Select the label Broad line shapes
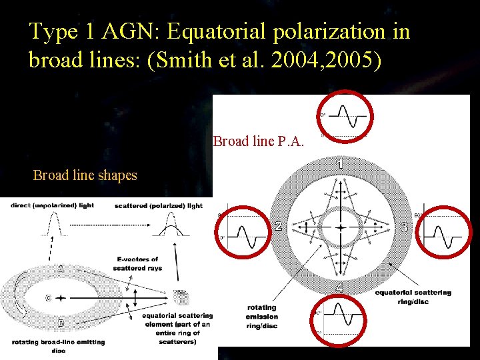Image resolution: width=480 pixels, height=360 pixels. click(85, 175)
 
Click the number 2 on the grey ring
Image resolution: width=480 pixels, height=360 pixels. click(278, 227)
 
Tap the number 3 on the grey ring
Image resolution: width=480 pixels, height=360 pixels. click(404, 227)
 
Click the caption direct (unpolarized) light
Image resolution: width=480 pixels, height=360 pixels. click(52, 205)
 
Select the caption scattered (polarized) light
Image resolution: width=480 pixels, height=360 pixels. click(159, 205)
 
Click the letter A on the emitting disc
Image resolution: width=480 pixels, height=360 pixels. click(61, 270)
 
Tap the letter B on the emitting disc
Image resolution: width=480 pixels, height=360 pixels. click(61, 323)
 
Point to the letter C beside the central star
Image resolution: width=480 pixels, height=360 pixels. click(48, 298)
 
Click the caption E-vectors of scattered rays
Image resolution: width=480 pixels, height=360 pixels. click(137, 263)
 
